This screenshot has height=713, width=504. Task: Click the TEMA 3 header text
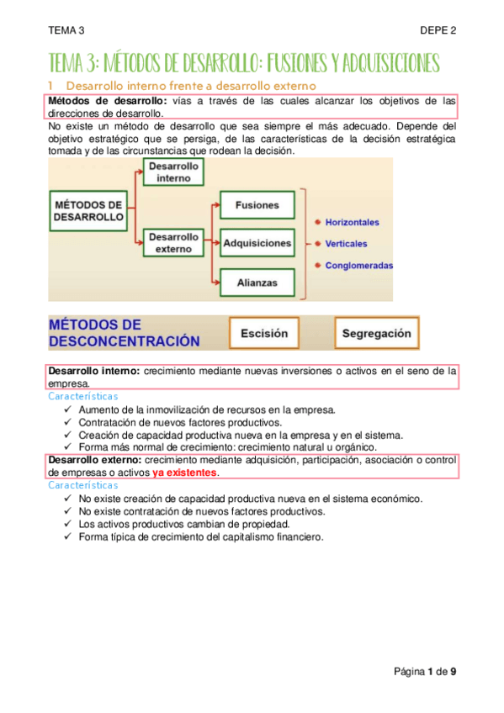66,30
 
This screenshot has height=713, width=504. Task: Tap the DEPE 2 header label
438,30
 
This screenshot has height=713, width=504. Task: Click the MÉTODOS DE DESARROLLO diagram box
88,210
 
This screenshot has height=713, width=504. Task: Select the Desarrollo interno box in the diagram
174,172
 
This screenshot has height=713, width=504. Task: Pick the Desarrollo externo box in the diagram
174,243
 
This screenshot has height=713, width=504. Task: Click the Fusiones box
257,205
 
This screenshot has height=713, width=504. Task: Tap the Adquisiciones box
257,244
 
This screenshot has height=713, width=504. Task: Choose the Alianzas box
257,283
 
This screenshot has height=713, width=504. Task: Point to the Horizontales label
353,223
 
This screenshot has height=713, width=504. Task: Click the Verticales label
347,244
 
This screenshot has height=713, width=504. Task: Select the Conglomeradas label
359,266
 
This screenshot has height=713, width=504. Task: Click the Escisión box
264,333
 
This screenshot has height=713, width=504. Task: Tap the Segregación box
376,333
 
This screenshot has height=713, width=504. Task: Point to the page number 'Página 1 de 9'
426,671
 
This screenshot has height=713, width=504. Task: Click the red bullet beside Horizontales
317,223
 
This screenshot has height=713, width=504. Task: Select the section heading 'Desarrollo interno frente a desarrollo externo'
190,86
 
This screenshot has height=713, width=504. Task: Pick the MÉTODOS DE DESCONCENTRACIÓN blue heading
125,333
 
